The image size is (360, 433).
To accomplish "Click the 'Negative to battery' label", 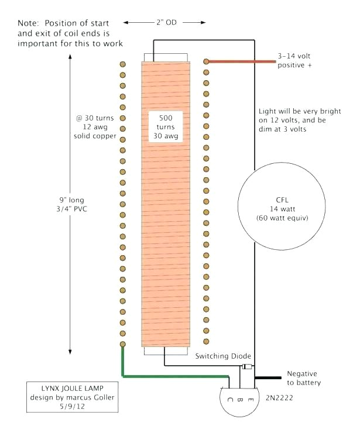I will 303,378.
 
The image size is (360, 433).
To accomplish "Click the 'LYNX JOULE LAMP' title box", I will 74,398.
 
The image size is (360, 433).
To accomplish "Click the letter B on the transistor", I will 241,401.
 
